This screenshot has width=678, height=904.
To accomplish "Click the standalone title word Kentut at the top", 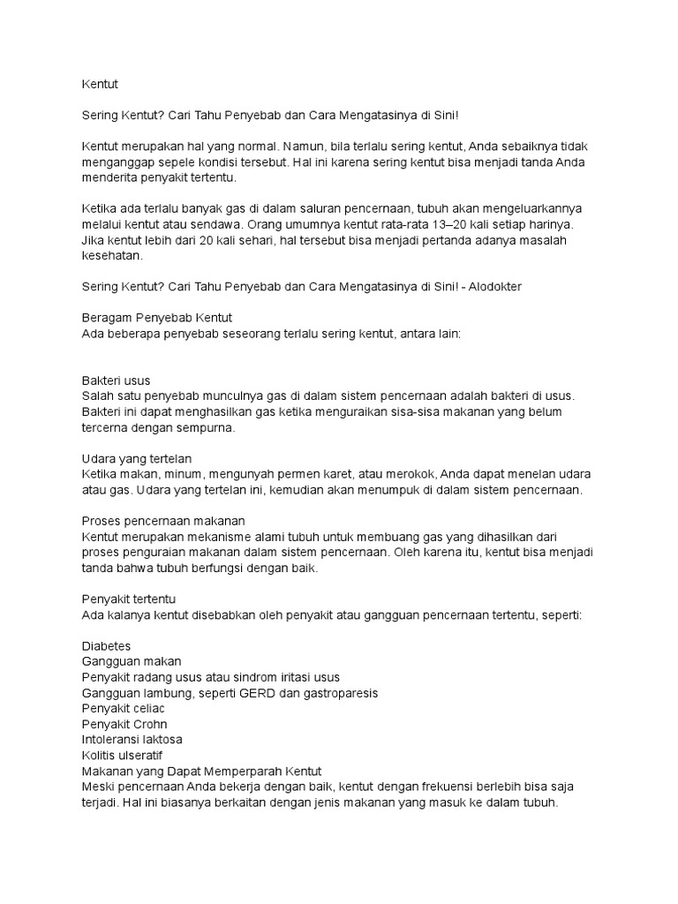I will point(99,85).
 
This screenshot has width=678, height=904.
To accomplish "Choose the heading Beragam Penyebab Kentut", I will point(156,318).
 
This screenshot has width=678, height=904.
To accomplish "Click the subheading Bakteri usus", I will point(116,380).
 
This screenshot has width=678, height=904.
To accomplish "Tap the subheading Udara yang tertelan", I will point(137,459).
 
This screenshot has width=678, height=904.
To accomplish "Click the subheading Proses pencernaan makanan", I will point(162,521).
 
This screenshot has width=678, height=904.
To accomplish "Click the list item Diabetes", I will point(106,646).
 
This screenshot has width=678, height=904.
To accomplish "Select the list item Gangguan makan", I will point(132,661).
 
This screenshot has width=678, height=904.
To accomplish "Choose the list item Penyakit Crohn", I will point(124,724).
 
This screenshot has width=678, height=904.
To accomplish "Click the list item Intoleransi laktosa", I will point(132,739).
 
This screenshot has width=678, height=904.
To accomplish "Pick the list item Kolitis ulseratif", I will point(122,755).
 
